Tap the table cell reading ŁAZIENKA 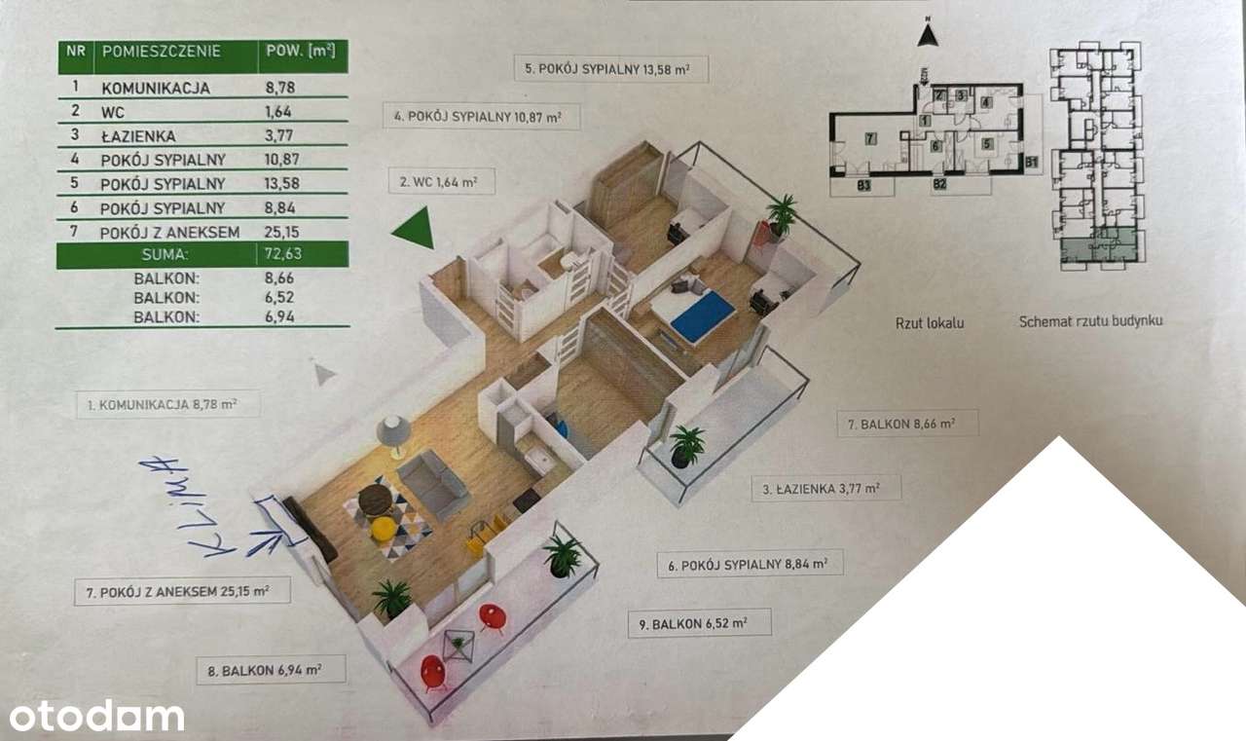pyautogui.click(x=137, y=136)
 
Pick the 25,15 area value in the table pyautogui.click(x=284, y=231)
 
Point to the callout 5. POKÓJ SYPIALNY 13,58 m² pyautogui.click(x=610, y=69)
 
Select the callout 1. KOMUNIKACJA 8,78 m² pyautogui.click(x=167, y=403)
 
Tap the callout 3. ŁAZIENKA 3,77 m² pyautogui.click(x=825, y=489)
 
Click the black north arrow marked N pyautogui.click(x=929, y=36)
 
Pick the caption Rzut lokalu pyautogui.click(x=930, y=322)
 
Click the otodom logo pyautogui.click(x=93, y=716)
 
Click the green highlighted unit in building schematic pyautogui.click(x=1097, y=246)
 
